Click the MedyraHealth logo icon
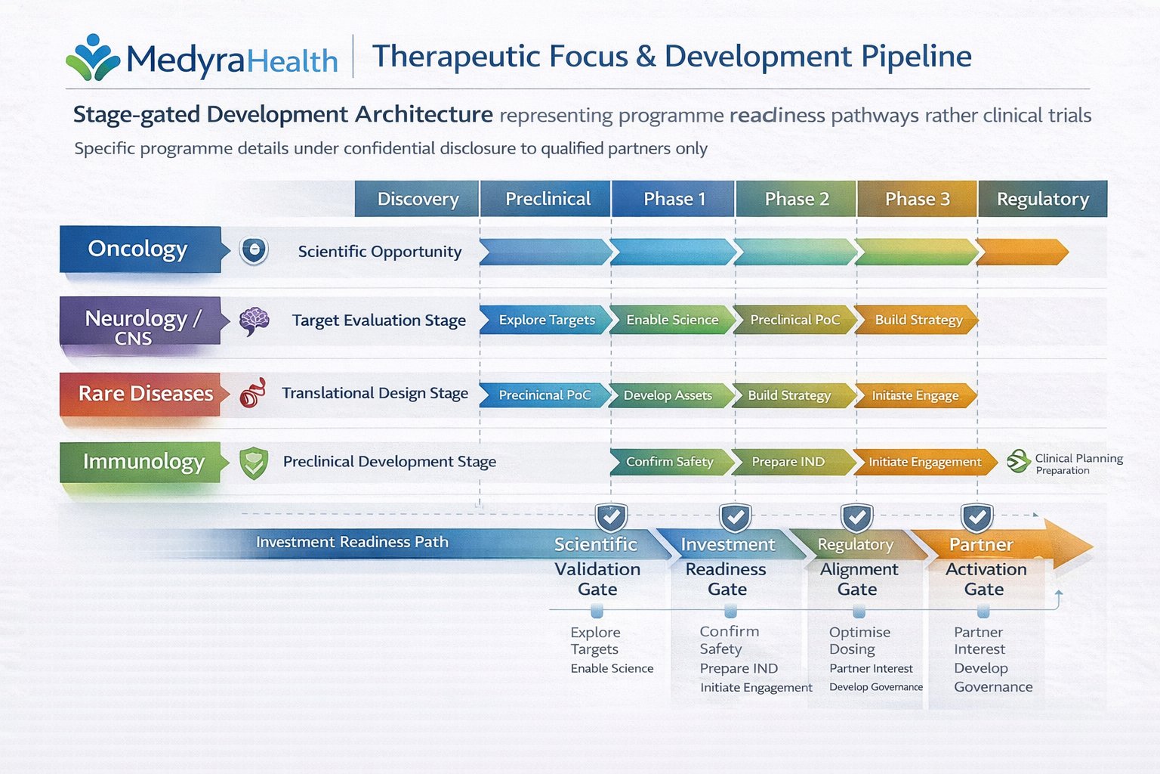click(93, 57)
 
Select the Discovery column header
click(418, 199)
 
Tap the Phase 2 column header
click(796, 199)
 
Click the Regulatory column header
click(1042, 199)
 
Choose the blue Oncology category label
click(139, 249)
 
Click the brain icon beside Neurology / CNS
click(254, 321)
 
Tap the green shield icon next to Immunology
click(254, 463)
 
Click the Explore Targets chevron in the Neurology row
click(545, 320)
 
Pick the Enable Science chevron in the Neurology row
click(671, 320)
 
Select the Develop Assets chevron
click(668, 395)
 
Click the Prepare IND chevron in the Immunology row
click(788, 462)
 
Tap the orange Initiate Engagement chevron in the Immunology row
click(924, 462)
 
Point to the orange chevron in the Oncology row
click(1021, 252)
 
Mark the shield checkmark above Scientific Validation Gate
click(611, 518)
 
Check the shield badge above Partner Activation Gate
click(976, 518)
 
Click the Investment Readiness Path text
click(352, 542)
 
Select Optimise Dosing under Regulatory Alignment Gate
click(859, 640)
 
